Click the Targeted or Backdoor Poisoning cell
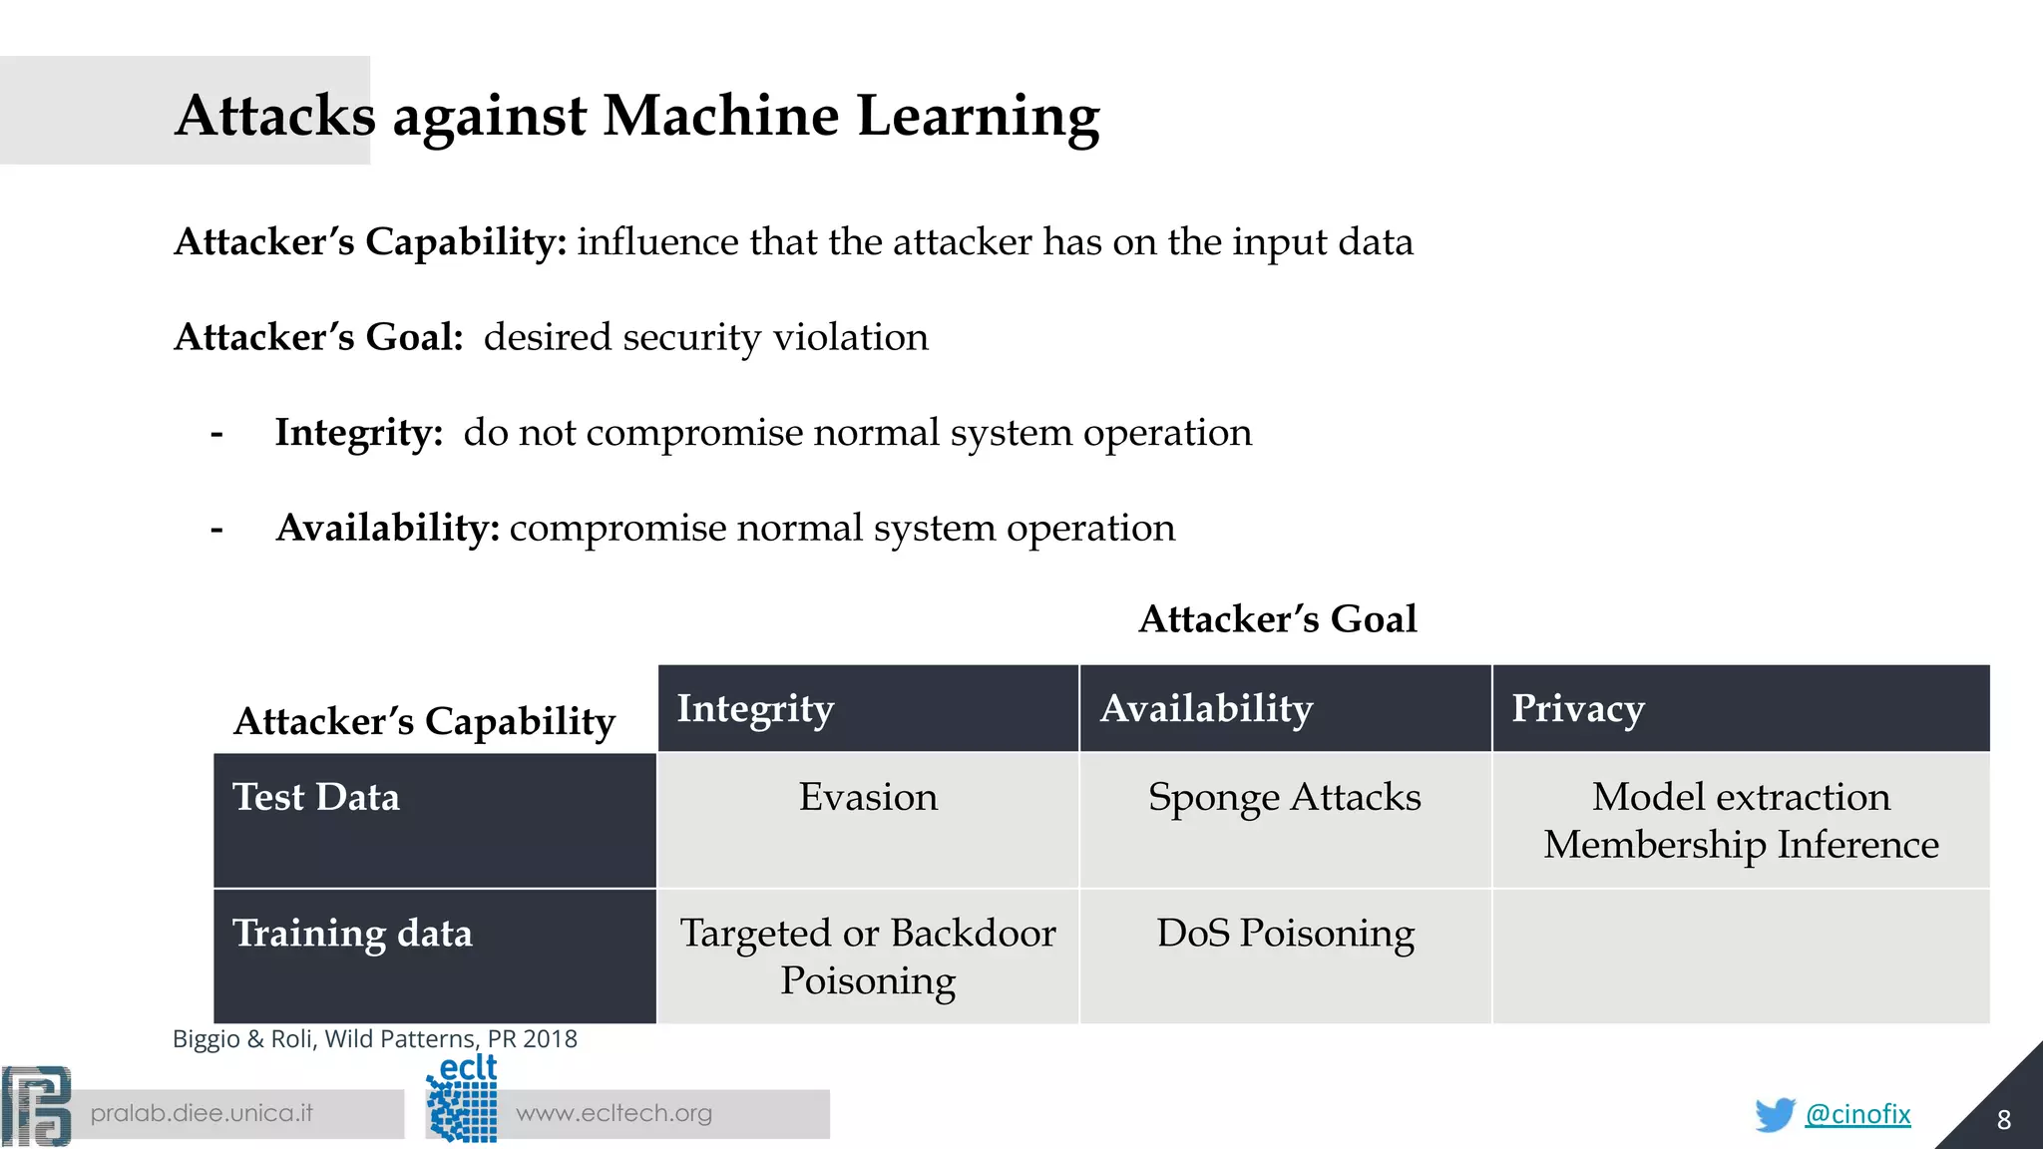click(868, 956)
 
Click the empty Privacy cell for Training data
click(1741, 956)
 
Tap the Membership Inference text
click(1741, 845)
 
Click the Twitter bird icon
click(1775, 1114)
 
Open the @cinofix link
click(1857, 1114)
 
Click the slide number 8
click(2003, 1120)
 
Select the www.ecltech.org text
click(613, 1113)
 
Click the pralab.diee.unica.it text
click(202, 1113)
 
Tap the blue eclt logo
click(462, 1099)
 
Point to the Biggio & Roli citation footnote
click(375, 1039)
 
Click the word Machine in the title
click(721, 116)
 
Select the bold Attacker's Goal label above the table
click(1277, 619)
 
